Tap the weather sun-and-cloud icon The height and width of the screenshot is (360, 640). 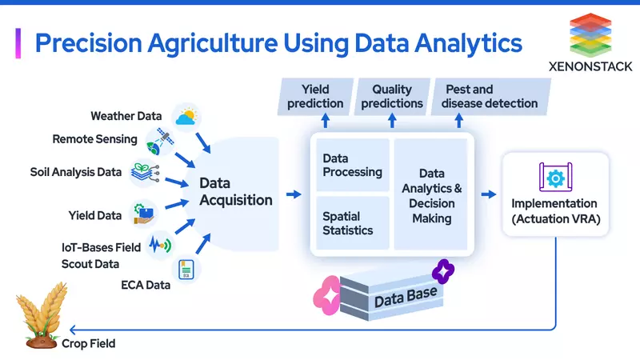pos(186,117)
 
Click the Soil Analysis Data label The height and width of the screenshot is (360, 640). pos(76,172)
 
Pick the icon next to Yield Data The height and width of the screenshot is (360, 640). pos(144,213)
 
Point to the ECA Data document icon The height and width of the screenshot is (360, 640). pos(186,270)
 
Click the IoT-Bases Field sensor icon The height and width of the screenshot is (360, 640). pos(160,242)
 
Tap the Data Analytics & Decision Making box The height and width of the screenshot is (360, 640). pos(430,194)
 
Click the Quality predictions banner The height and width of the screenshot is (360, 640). pos(391,96)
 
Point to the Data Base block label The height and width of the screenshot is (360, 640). pos(406,297)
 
